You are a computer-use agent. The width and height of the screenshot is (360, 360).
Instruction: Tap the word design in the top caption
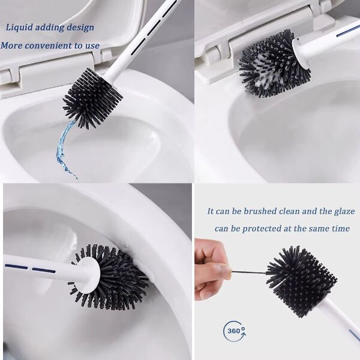tap(80, 28)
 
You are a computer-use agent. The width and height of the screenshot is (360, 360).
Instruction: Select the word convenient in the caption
tap(49, 46)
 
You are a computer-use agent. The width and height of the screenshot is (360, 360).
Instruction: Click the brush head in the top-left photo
tap(92, 98)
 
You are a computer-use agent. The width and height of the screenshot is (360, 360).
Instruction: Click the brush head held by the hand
tap(301, 280)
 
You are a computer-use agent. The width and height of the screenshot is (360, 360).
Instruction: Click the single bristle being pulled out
tap(249, 272)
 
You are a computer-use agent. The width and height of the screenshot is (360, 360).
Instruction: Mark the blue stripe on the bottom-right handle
tap(355, 335)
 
